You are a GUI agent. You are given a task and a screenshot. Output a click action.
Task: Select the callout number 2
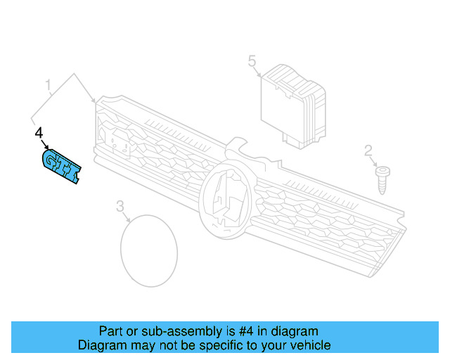[x=368, y=150]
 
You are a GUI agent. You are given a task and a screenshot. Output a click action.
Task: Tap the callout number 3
[x=120, y=205]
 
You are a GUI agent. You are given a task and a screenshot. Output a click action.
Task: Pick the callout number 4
[x=39, y=132]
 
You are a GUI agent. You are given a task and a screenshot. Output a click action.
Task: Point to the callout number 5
[x=252, y=62]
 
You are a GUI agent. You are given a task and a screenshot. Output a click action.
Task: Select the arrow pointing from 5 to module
[x=260, y=72]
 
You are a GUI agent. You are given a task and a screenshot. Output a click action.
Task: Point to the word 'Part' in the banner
[x=110, y=331]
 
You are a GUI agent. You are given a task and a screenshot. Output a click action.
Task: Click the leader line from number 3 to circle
[x=127, y=215]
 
